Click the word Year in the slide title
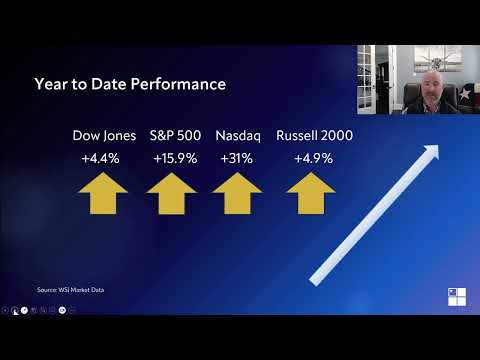coord(50,83)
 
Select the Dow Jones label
coord(104,135)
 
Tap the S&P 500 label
coord(174,135)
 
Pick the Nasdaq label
coord(237,135)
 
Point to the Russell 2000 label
coord(313,135)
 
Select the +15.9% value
coord(174,158)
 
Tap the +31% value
coord(237,158)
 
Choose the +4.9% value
coord(313,158)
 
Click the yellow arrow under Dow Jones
coord(103,194)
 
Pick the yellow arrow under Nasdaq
coord(237,194)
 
